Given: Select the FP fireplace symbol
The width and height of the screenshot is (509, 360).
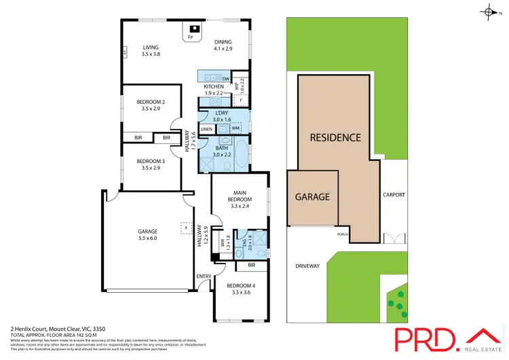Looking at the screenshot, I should pyautogui.click(x=191, y=36).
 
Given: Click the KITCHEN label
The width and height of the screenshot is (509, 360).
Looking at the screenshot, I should pyautogui.click(x=214, y=87).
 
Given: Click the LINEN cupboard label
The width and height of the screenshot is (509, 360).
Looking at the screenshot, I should pyautogui.click(x=207, y=129).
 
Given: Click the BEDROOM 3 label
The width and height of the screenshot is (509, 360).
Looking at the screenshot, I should pyautogui.click(x=151, y=161).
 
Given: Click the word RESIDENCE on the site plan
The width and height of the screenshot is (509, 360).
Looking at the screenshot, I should pyautogui.click(x=335, y=137).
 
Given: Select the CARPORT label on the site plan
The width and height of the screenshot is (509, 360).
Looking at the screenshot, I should pyautogui.click(x=394, y=195).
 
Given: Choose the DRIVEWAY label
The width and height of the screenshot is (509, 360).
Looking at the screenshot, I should pyautogui.click(x=307, y=266).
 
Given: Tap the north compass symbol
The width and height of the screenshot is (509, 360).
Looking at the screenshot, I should pyautogui.click(x=490, y=12).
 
